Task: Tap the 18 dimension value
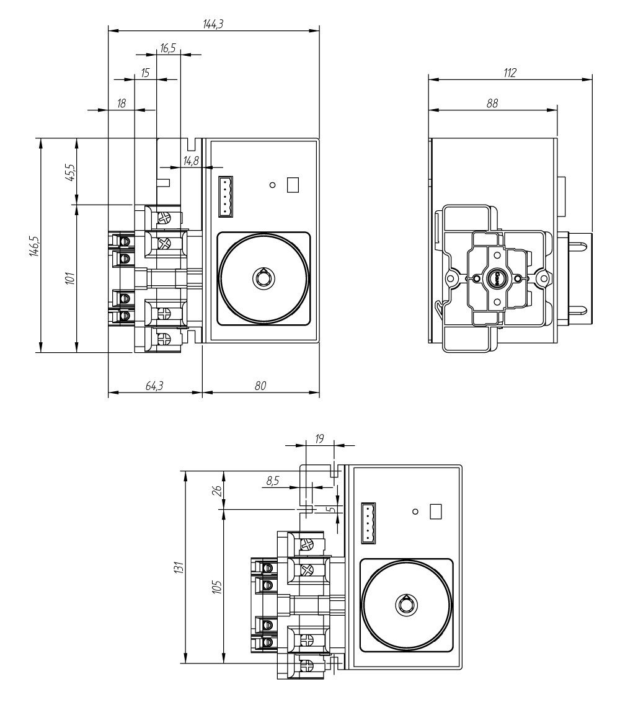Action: pyautogui.click(x=122, y=104)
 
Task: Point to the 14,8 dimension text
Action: pyautogui.click(x=191, y=161)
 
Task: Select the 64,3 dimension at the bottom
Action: pyautogui.click(x=154, y=386)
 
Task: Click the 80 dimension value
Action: pyautogui.click(x=260, y=386)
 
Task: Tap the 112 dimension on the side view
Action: pyautogui.click(x=510, y=73)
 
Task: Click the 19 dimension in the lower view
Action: pyautogui.click(x=320, y=438)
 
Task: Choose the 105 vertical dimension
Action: pyautogui.click(x=216, y=586)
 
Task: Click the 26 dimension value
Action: pyautogui.click(x=216, y=490)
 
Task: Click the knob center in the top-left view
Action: pyautogui.click(x=263, y=278)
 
